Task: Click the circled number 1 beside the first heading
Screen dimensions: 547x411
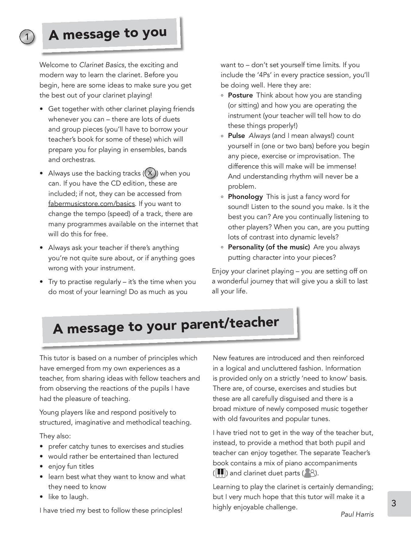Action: point(26,37)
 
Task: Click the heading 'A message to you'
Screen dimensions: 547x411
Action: point(108,34)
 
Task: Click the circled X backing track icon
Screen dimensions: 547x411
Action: point(150,173)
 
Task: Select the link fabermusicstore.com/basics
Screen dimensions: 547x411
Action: point(92,204)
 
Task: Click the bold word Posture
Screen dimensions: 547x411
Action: point(240,95)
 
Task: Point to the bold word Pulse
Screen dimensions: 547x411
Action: point(236,136)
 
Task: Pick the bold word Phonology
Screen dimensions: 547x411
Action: point(245,197)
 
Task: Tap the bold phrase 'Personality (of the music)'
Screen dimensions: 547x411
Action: point(269,247)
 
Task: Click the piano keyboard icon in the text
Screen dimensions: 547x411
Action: point(220,473)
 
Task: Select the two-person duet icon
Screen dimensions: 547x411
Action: point(309,473)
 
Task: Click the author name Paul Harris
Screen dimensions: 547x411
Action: point(357,515)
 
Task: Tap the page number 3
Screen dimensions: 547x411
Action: point(394,503)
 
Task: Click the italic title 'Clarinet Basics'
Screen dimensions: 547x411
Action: point(102,65)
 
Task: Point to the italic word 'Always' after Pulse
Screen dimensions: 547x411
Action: point(259,136)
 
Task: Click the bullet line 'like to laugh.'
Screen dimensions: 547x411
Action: point(68,497)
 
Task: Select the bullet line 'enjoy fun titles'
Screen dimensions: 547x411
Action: point(71,466)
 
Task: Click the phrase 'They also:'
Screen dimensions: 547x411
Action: point(55,436)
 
